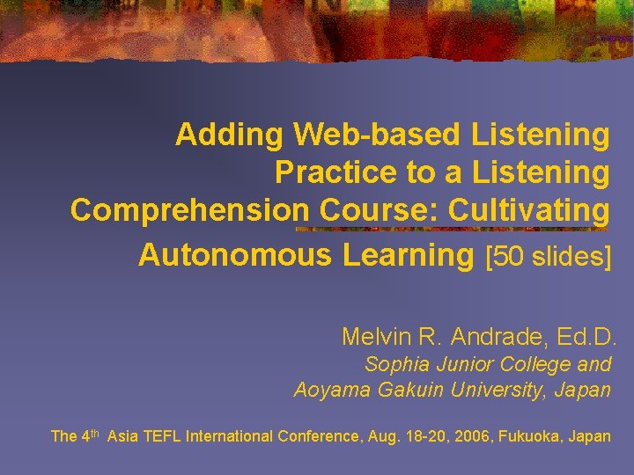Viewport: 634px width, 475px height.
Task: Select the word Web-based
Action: [379, 135]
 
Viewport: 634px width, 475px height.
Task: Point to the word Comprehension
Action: [189, 210]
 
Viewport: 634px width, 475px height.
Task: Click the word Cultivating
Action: [528, 210]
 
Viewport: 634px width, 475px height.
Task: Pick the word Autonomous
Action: [236, 255]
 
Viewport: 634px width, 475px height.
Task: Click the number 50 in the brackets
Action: [510, 256]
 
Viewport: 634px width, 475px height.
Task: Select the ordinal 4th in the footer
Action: [89, 435]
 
